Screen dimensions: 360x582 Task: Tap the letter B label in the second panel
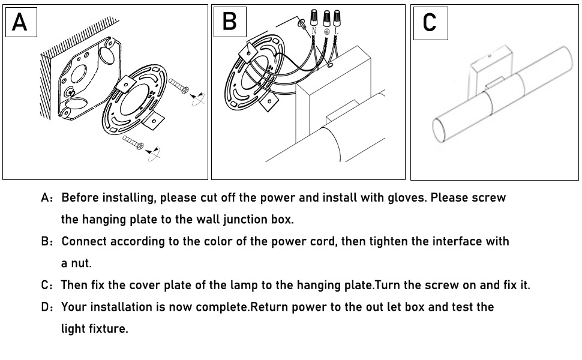click(x=229, y=22)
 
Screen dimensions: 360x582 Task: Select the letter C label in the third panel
click(x=430, y=23)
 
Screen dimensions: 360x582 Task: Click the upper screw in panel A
click(x=179, y=87)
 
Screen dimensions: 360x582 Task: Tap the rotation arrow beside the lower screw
click(x=154, y=152)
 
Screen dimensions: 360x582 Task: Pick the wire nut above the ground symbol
click(x=327, y=17)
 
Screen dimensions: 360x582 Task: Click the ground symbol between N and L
click(x=327, y=31)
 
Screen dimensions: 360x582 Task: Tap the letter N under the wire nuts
click(x=314, y=30)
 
